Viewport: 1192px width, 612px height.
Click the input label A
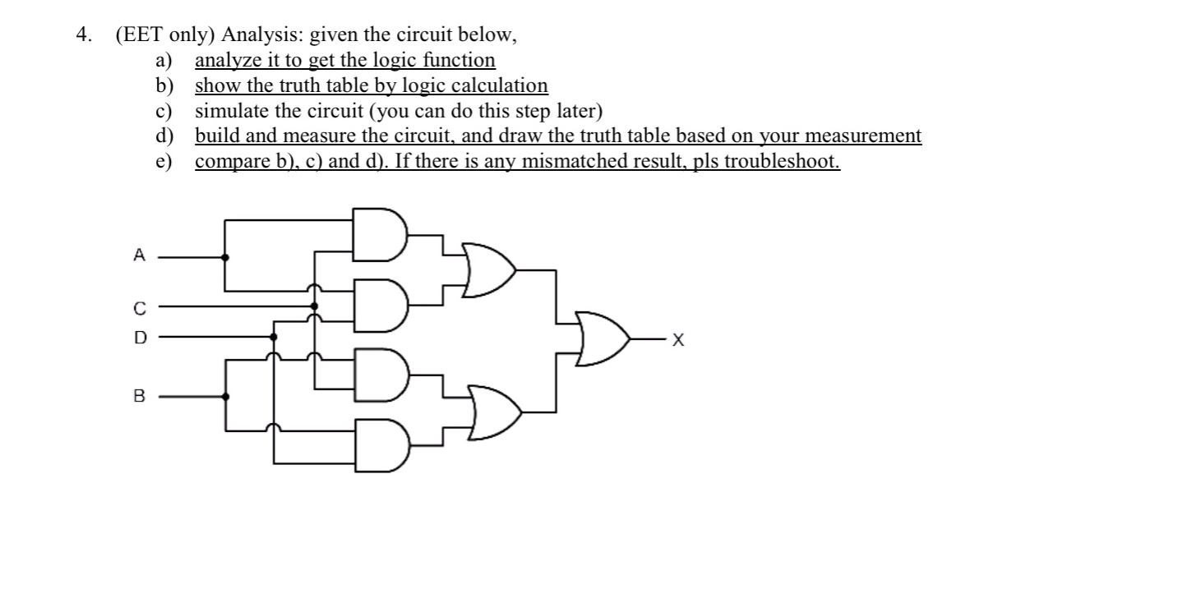pos(140,256)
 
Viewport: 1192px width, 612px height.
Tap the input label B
pos(139,396)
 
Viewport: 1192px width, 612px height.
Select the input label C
pos(140,308)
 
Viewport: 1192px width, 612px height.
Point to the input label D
pos(140,337)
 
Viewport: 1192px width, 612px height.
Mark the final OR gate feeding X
pos(603,338)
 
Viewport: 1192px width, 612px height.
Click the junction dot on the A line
pos(226,256)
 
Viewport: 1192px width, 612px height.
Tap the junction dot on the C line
pos(314,306)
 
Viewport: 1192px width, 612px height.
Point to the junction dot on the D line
pos(274,336)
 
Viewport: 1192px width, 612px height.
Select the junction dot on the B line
pos(226,396)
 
